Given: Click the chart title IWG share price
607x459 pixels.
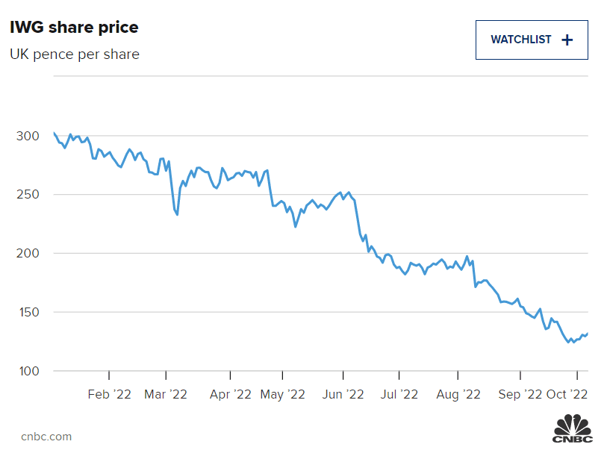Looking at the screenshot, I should pyautogui.click(x=74, y=28).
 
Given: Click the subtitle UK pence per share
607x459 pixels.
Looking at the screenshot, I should pyautogui.click(x=74, y=54).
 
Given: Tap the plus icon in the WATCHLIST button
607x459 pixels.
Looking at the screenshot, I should pyautogui.click(x=567, y=40).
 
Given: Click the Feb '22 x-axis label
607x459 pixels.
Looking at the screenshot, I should pyautogui.click(x=109, y=393).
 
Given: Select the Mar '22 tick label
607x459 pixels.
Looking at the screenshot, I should pyautogui.click(x=166, y=393).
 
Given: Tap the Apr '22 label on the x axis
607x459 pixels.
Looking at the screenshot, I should pyautogui.click(x=231, y=393).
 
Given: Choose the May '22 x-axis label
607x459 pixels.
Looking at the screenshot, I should pyautogui.click(x=283, y=393).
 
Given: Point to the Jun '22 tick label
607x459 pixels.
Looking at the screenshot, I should pyautogui.click(x=343, y=393).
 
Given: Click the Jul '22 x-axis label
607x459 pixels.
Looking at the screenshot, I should pyautogui.click(x=399, y=393).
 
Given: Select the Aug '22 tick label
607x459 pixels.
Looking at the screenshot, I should pyautogui.click(x=458, y=393).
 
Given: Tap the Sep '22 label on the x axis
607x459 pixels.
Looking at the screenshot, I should pyautogui.click(x=520, y=393).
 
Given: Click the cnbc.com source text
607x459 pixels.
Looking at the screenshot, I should pyautogui.click(x=46, y=437).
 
